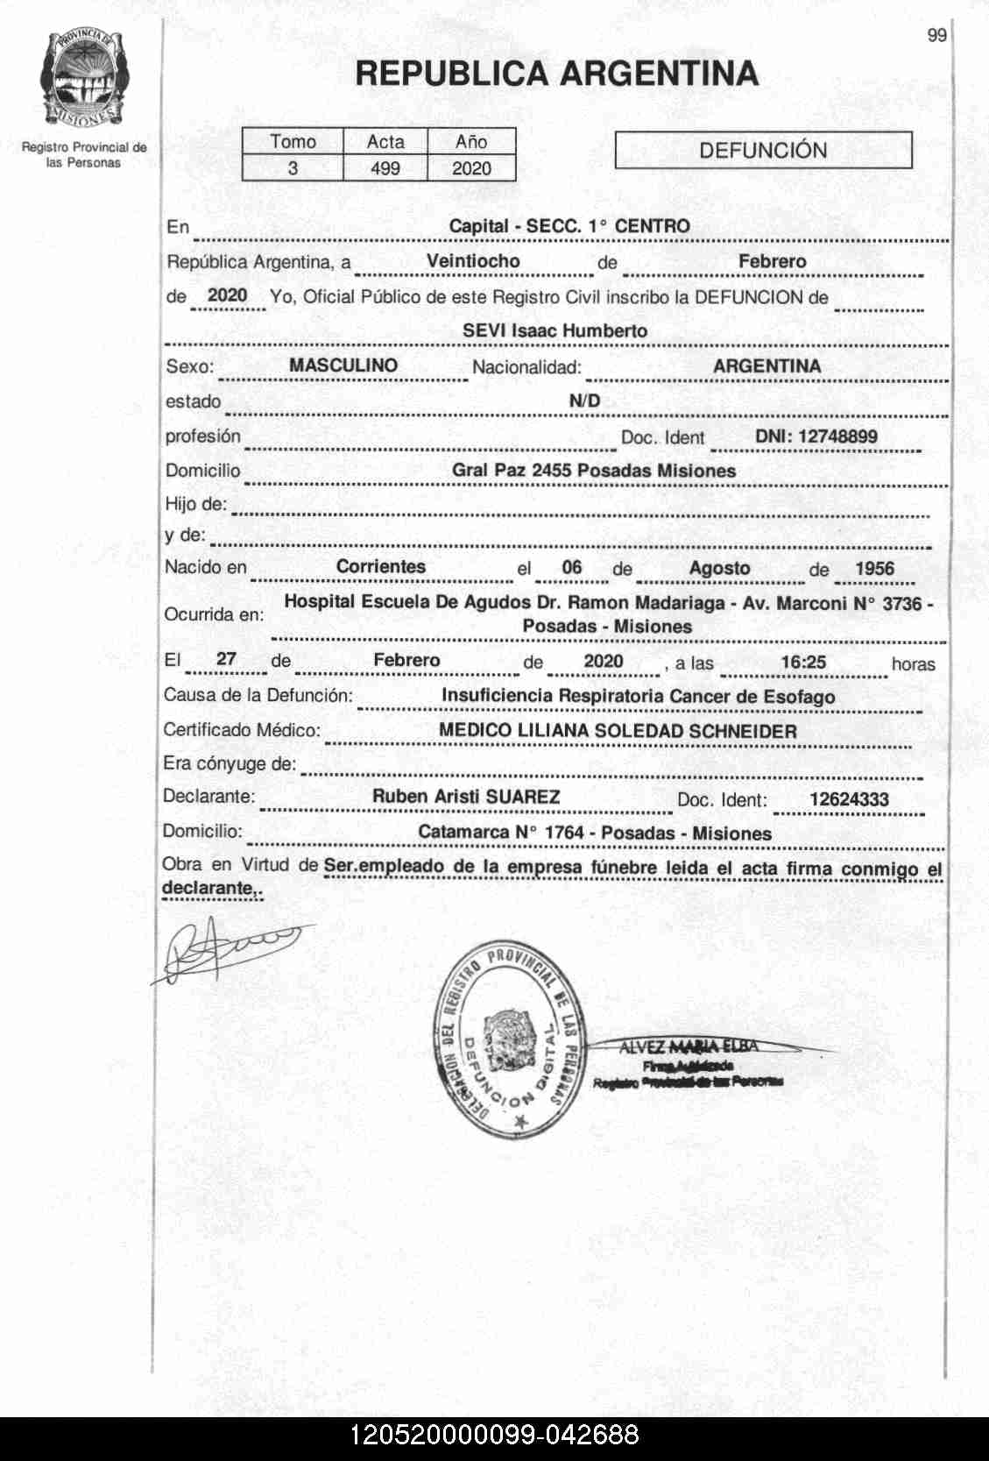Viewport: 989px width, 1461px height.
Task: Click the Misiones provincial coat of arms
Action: pos(84,79)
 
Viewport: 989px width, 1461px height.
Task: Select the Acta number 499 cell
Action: pos(385,168)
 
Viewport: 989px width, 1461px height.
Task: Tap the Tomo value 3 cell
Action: pos(293,168)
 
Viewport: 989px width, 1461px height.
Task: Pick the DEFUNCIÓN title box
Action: pos(763,150)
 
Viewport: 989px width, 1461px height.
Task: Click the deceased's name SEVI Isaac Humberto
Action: pos(555,331)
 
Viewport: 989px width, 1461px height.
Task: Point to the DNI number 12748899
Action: pos(816,436)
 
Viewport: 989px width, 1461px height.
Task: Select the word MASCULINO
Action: pos(343,365)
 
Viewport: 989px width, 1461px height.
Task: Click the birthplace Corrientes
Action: pos(381,566)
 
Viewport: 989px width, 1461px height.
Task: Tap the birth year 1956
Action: pos(874,568)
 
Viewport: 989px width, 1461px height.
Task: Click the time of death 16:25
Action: pos(803,662)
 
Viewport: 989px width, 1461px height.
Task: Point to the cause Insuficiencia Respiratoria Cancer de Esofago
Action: pos(638,697)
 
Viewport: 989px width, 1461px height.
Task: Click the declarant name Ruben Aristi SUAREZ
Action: pos(466,797)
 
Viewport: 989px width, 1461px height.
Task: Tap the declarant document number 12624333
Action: pos(849,799)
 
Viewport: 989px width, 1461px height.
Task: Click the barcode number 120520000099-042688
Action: pos(494,1436)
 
